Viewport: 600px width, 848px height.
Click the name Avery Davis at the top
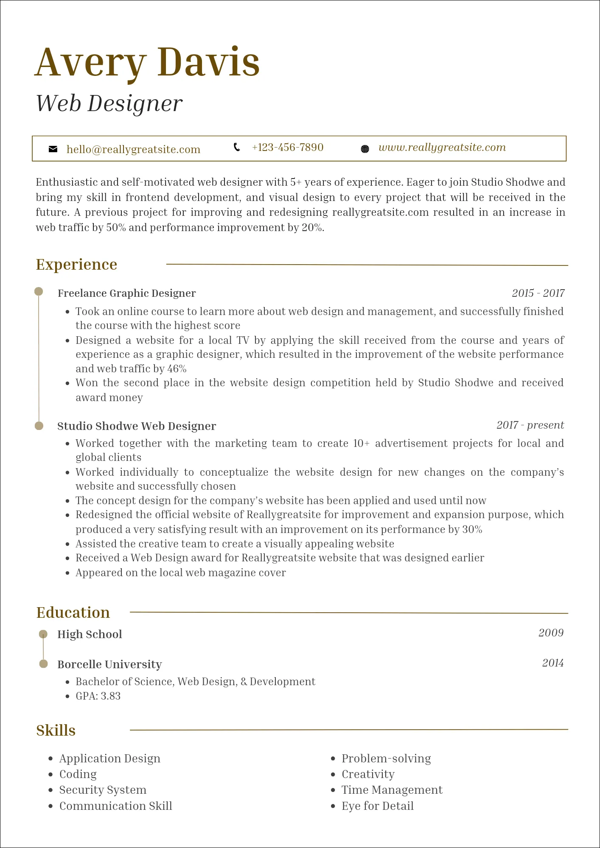click(147, 62)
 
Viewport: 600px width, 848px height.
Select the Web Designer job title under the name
click(109, 103)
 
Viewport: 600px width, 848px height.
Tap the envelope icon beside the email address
click(53, 149)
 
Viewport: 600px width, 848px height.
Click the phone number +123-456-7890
click(287, 148)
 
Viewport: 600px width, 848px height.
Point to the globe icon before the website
click(364, 149)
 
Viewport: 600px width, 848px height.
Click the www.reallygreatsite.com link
click(442, 148)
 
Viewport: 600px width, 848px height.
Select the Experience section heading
click(76, 265)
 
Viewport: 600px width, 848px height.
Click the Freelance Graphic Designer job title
click(126, 293)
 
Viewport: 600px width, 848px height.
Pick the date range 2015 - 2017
click(538, 293)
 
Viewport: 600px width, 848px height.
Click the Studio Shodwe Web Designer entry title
click(136, 426)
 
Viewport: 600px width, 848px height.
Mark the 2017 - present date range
click(530, 425)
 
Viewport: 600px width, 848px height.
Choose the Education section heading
click(73, 613)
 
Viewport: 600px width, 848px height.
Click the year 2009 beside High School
click(551, 633)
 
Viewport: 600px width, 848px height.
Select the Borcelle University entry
click(109, 664)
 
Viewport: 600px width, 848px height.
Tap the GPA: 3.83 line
click(98, 696)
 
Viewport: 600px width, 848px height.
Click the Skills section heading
click(56, 731)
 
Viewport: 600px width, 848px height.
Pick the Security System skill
click(103, 790)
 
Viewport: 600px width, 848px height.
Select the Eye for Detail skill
click(377, 806)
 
